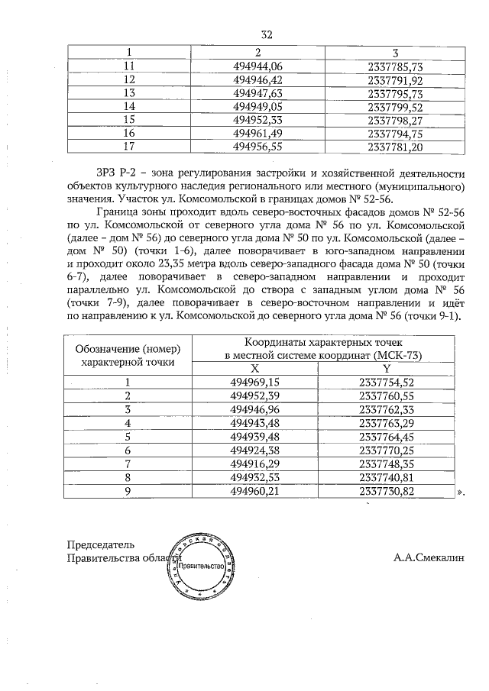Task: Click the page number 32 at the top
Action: pos(267,34)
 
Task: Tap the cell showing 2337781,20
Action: pos(395,147)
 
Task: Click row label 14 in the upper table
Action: pos(128,106)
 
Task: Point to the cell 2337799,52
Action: pos(395,106)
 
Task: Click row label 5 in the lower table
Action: pos(128,437)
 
